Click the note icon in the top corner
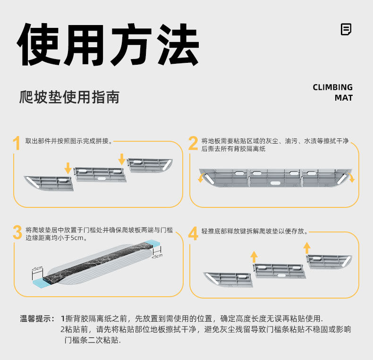[x=346, y=29]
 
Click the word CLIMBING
[x=332, y=87]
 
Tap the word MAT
[x=344, y=98]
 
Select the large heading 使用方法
[x=108, y=44]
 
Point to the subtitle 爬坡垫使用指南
[x=69, y=97]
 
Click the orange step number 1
[x=17, y=143]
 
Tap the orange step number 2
[x=193, y=143]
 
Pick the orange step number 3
[x=17, y=232]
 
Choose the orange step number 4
[x=193, y=233]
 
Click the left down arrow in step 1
[x=68, y=168]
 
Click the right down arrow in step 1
[x=122, y=159]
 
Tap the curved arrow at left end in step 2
[x=201, y=177]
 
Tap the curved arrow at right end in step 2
[x=351, y=177]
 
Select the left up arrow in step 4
[x=254, y=257]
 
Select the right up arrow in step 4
[x=307, y=248]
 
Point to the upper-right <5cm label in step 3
[x=157, y=256]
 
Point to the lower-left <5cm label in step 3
[x=37, y=268]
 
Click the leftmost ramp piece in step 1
[x=49, y=183]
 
